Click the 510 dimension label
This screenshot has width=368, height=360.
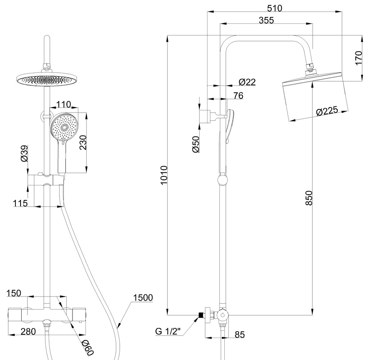275,7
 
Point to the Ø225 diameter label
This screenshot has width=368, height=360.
327,111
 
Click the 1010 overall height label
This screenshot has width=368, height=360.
164,175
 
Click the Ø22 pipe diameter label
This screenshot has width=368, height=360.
247,82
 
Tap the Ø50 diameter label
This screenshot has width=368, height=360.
196,144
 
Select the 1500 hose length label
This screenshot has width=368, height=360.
143,298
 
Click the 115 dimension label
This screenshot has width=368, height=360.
21,203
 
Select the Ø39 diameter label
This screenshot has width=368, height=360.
24,154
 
